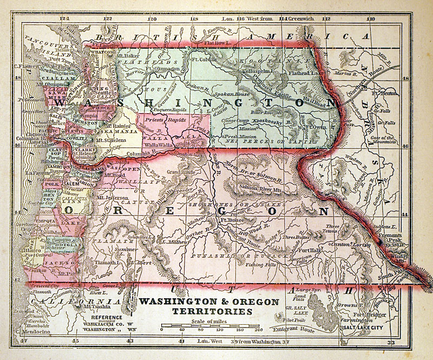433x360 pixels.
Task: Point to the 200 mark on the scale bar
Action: [x=258, y=329]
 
